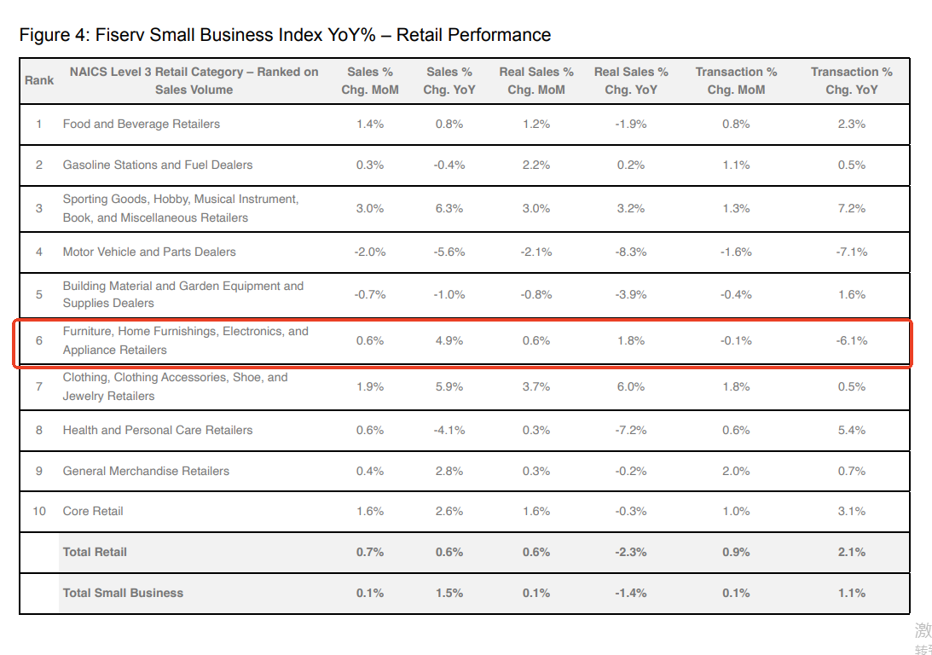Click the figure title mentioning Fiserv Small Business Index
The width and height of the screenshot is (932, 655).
pos(285,35)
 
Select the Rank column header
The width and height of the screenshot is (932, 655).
pos(39,80)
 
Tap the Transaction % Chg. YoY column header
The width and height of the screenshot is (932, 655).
pos(851,80)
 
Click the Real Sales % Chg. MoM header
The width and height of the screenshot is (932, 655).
pos(536,80)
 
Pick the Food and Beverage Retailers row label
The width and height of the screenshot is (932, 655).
pos(141,124)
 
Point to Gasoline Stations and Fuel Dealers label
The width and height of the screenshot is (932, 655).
pos(158,165)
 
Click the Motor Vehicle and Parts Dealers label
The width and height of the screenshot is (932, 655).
pos(149,252)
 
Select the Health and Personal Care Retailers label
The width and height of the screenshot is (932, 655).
pos(158,430)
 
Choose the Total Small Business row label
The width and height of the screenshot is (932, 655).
pos(123,593)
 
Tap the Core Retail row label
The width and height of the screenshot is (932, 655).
pos(93,511)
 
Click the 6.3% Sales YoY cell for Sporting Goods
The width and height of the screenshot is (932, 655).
pos(449,208)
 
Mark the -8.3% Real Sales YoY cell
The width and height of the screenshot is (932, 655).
pos(631,252)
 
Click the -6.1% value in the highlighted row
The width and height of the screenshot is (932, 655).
pos(851,340)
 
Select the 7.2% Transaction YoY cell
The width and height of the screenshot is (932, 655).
pos(851,208)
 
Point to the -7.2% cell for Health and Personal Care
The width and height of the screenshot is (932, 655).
pos(631,430)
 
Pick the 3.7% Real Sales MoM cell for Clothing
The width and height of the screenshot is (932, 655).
pos(536,386)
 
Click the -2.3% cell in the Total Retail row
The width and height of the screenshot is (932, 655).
pos(631,552)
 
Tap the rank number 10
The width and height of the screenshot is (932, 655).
pos(39,511)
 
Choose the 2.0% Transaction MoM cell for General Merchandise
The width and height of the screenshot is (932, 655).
pos(736,471)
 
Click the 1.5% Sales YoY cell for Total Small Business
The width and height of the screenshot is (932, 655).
pos(449,593)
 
